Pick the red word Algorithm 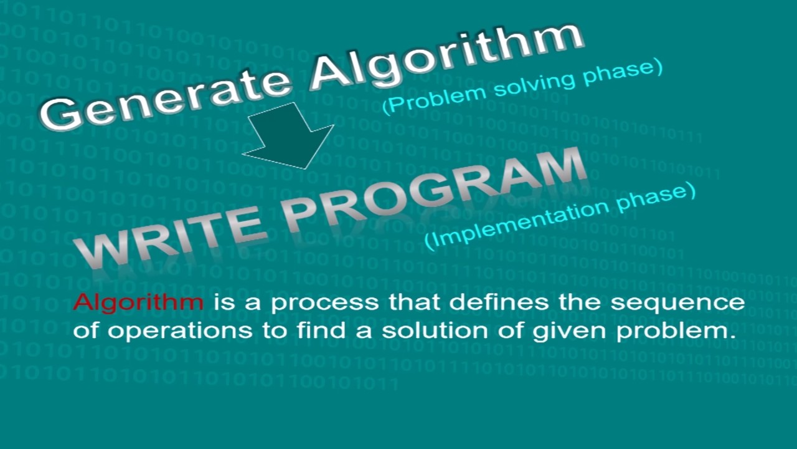pyautogui.click(x=138, y=303)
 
